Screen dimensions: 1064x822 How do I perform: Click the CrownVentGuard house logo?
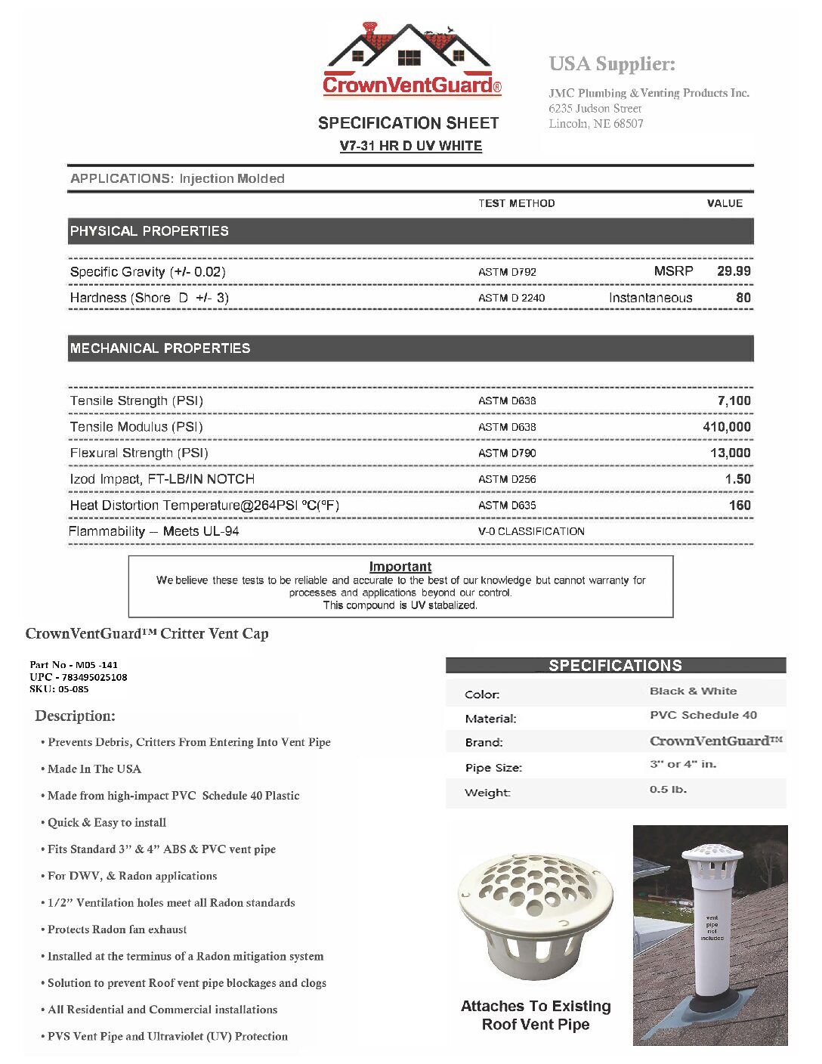412,60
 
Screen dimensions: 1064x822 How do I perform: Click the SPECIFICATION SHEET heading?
408,123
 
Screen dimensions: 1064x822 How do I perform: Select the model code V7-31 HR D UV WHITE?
410,146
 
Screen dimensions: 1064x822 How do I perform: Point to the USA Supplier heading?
612,64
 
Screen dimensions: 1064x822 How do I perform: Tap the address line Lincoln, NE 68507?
595,124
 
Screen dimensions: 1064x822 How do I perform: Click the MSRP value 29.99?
734,271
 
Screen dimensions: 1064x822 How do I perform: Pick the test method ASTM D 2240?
511,298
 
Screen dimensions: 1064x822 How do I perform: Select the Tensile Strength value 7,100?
734,401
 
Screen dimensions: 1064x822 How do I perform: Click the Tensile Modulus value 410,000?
726,427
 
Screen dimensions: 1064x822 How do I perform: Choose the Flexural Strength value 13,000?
730,453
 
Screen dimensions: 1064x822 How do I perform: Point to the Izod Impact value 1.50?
737,479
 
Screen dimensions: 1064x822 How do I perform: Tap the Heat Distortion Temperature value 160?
740,506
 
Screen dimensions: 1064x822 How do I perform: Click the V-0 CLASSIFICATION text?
531,531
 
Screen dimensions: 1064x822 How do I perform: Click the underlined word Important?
400,567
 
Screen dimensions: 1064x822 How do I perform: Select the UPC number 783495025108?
94,677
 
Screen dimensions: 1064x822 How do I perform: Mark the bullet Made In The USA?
94,769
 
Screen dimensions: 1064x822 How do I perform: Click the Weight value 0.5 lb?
668,790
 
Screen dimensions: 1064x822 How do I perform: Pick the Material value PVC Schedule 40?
703,715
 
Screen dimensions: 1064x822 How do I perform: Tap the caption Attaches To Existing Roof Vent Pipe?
536,1016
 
